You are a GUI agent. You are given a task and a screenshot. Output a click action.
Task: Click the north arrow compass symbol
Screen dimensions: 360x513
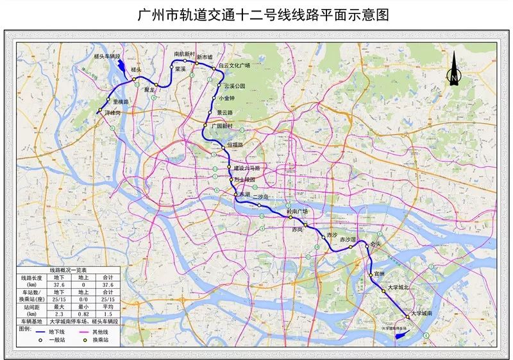tap(453, 70)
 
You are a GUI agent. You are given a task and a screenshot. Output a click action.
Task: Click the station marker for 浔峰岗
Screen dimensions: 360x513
tap(100, 112)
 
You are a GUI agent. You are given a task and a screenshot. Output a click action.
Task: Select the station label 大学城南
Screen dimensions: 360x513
tap(423, 313)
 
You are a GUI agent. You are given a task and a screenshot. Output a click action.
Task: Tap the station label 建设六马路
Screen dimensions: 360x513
tap(248, 167)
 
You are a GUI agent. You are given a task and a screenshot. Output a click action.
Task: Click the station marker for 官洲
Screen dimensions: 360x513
tap(371, 275)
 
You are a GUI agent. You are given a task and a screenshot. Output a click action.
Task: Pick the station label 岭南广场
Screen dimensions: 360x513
tap(297, 210)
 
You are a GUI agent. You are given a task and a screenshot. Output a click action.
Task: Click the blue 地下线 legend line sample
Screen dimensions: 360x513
tap(44, 333)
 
